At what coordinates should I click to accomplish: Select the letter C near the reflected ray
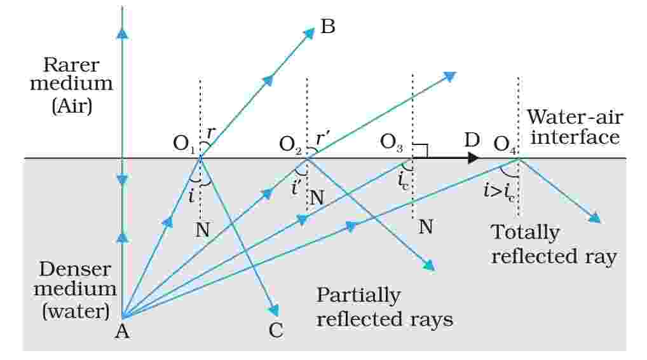(275, 330)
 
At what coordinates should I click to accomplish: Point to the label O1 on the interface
(184, 144)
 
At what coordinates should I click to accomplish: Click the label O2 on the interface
(291, 144)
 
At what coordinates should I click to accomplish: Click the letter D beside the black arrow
(471, 139)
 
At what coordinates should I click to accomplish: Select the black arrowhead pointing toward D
(472, 158)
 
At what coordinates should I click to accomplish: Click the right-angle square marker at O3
(420, 150)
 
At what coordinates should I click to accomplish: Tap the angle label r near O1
(212, 132)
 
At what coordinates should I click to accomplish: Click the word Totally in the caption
(526, 233)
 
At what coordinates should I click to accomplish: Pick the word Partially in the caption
(358, 296)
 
